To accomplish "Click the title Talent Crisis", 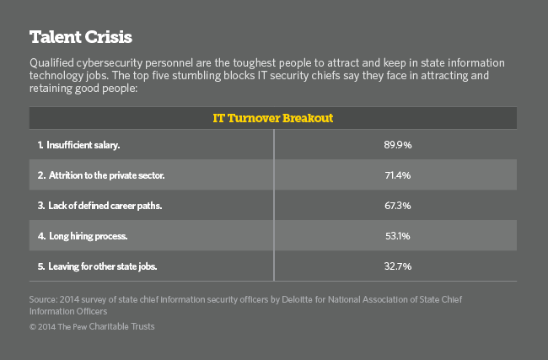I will pos(81,37).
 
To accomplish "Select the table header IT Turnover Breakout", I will pos(273,118).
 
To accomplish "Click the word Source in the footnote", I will pos(43,298).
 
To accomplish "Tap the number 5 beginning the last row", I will pos(40,266).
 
